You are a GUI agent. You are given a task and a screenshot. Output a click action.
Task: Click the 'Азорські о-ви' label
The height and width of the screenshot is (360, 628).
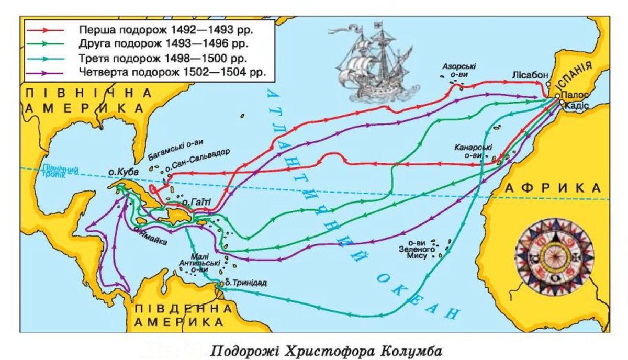[x=459, y=71]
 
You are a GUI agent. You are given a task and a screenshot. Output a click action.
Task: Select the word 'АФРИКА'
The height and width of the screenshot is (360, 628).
[x=554, y=188]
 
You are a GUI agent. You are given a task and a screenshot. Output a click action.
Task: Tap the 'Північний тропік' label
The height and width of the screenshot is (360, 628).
[x=52, y=172]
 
